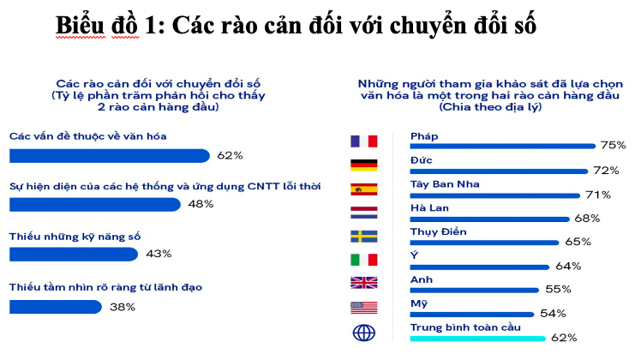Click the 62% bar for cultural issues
[110, 156]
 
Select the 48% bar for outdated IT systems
[95, 205]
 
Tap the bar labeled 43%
[74, 255]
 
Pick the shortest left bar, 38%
[56, 307]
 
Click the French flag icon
[363, 141]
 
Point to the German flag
[363, 165]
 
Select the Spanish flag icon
[363, 189]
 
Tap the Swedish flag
[363, 236]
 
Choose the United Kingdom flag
[363, 283]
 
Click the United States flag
[363, 308]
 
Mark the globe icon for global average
[364, 333]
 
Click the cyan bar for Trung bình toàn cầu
[478, 339]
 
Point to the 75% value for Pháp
[613, 145]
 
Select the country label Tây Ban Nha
[445, 184]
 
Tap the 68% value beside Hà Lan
[587, 219]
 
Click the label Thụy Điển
[438, 232]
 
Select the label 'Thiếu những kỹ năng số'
[75, 237]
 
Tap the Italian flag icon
[363, 260]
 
